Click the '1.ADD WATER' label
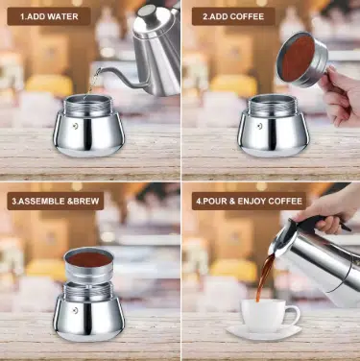(x=49, y=16)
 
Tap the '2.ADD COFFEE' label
(x=233, y=16)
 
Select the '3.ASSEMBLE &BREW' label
(x=56, y=201)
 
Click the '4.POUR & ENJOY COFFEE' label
(x=249, y=201)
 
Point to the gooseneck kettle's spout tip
(x=99, y=70)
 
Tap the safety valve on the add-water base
(x=76, y=126)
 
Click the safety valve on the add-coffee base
(x=259, y=126)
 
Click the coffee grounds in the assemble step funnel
(x=89, y=259)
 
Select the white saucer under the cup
(x=264, y=333)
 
